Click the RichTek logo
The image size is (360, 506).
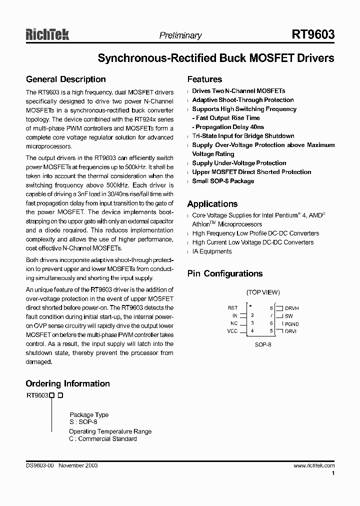pyautogui.click(x=47, y=34)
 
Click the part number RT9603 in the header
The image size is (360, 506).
pyautogui.click(x=313, y=34)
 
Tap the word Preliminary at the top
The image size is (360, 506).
pyautogui.click(x=180, y=35)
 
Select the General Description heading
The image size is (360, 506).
pyautogui.click(x=65, y=79)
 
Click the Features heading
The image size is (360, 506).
pyautogui.click(x=204, y=79)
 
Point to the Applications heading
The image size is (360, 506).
pyautogui.click(x=212, y=204)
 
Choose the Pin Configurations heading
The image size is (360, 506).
pyautogui.click(x=224, y=273)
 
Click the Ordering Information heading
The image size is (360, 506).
pyautogui.click(x=67, y=383)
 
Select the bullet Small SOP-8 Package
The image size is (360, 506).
pyautogui.click(x=223, y=181)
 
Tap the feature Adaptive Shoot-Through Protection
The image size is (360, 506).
pyautogui.click(x=242, y=100)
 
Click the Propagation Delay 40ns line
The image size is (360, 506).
pyautogui.click(x=229, y=127)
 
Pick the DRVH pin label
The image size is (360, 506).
pyautogui.click(x=292, y=308)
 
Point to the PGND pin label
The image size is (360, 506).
pyautogui.click(x=292, y=324)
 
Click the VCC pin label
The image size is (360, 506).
pyautogui.click(x=232, y=331)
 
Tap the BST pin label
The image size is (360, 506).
pyautogui.click(x=232, y=308)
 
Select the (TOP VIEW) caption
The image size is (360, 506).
pyautogui.click(x=263, y=292)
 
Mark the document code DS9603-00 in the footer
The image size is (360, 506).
pyautogui.click(x=40, y=465)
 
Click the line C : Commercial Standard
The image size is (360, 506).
pyautogui.click(x=102, y=439)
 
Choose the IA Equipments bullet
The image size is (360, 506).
pyautogui.click(x=211, y=251)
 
